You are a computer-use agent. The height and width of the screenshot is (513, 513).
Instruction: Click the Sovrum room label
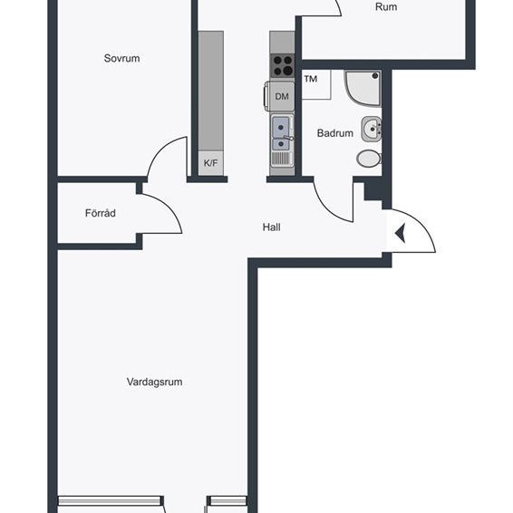121,58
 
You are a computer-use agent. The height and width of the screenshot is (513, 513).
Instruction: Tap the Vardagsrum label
154,382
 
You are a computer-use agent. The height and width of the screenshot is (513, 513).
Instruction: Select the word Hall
271,227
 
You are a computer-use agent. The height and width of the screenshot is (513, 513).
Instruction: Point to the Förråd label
100,214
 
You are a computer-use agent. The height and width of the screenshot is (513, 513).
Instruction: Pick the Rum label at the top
386,7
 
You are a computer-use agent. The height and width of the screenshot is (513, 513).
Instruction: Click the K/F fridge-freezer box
210,163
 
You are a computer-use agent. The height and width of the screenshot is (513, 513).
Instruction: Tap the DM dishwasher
282,96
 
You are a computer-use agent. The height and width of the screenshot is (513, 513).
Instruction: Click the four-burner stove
282,65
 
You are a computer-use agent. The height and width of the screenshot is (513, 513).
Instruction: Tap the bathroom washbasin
371,130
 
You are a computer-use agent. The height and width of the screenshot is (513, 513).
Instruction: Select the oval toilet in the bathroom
369,159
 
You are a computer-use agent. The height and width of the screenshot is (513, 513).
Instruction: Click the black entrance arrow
399,236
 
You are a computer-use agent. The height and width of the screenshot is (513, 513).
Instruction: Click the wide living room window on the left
111,500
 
